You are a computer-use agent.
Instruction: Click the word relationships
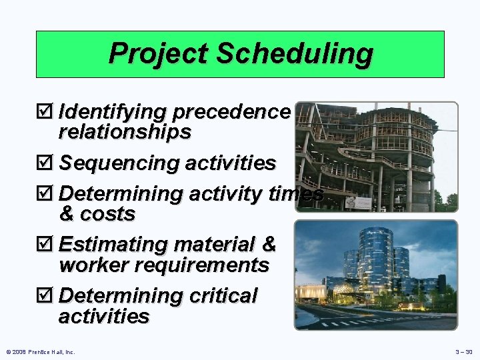(x=125, y=133)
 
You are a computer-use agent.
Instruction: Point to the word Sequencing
(x=120, y=163)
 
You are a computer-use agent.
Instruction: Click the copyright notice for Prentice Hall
(x=40, y=351)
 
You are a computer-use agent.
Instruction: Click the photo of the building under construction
(x=376, y=157)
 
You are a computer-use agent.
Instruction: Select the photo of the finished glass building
(x=376, y=275)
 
